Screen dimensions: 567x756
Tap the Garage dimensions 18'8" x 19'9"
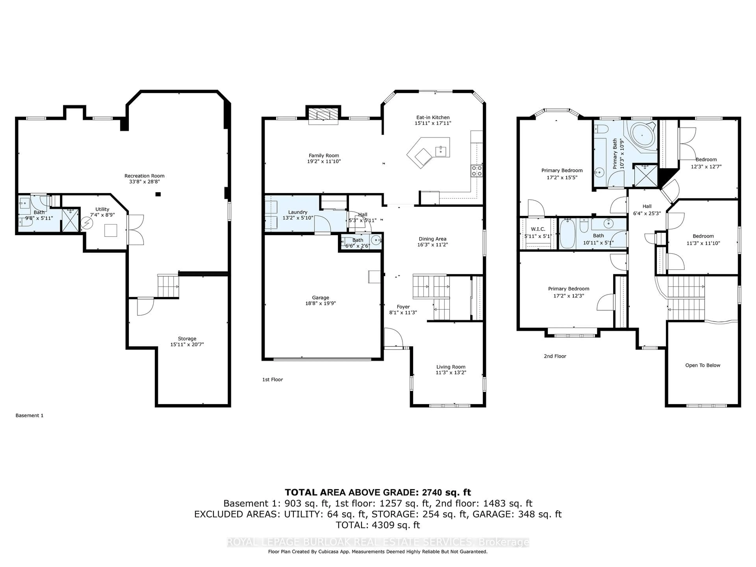coord(320,303)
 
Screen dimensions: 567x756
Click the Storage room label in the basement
coord(187,339)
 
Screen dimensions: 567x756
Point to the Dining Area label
coord(432,239)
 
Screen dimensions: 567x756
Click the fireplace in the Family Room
coord(323,115)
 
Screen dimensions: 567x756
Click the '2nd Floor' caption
coord(555,356)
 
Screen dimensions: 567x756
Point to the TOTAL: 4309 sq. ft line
coord(378,525)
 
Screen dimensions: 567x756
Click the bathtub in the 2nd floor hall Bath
coord(567,234)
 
